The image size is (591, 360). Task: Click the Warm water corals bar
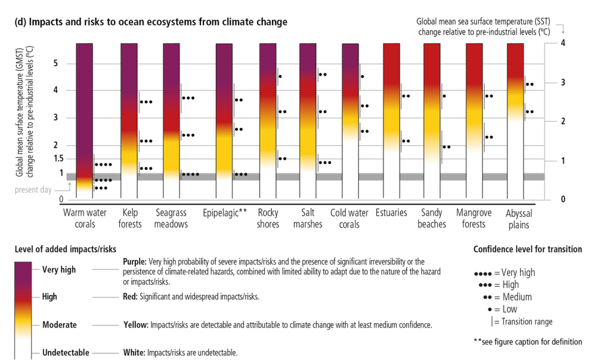coord(85,118)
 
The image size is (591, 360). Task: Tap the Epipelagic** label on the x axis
coord(225,213)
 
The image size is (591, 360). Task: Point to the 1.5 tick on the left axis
coord(57,158)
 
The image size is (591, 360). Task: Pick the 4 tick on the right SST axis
coord(563,43)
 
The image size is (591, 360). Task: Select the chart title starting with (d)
coord(151,22)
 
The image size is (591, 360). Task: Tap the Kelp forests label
coord(131,219)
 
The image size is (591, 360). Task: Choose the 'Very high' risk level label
coord(59,270)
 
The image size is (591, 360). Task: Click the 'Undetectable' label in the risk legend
coord(65,353)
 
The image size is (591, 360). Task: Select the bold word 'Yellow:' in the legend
coord(136,325)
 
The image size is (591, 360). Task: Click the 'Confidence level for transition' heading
coord(527,249)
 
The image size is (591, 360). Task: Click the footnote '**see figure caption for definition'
coord(527,342)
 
